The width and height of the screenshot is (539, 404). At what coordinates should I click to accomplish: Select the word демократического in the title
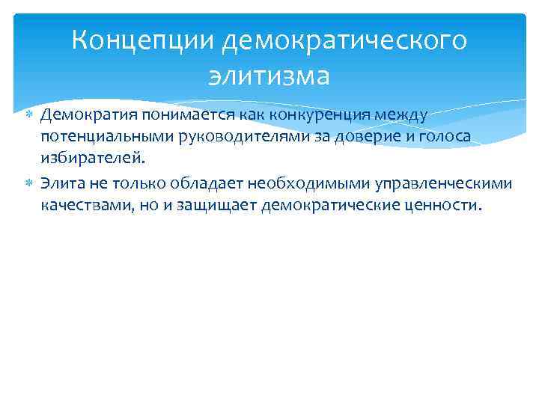pos(344,40)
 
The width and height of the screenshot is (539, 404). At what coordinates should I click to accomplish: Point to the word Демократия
pos(83,114)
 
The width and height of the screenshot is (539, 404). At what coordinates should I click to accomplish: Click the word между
pos(401,114)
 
